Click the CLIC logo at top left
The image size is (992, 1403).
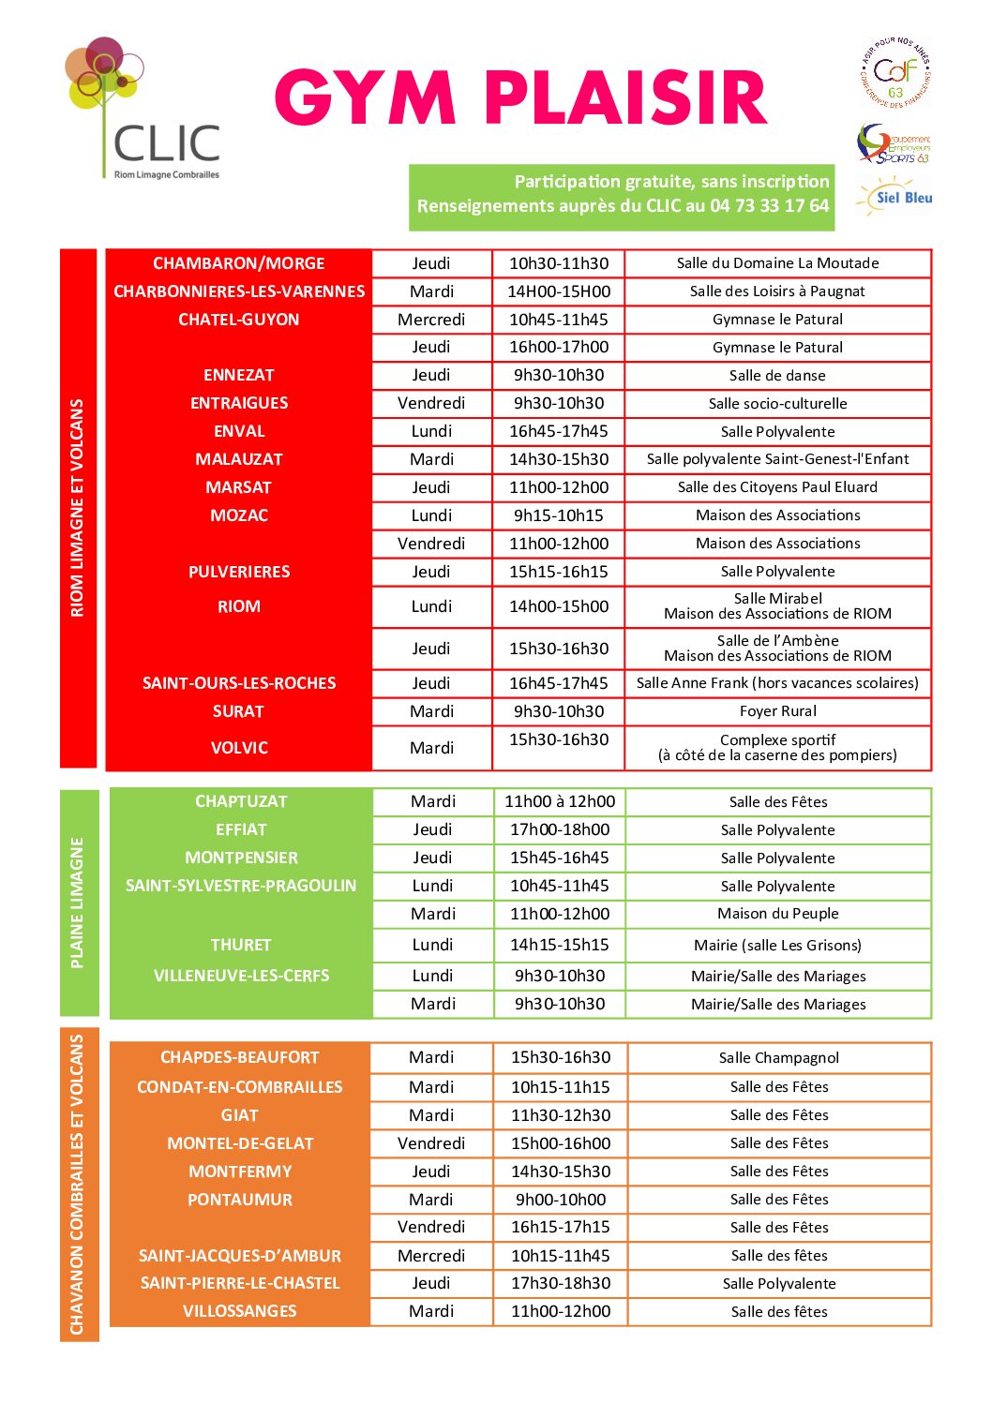pyautogui.click(x=143, y=110)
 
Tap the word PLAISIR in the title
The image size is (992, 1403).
pyautogui.click(x=625, y=99)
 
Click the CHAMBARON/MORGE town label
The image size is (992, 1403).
pyautogui.click(x=239, y=263)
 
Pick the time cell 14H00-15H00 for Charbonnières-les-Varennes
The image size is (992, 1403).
pyautogui.click(x=559, y=291)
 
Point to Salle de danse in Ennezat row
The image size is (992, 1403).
pyautogui.click(x=777, y=376)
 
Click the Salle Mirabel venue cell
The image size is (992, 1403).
pyautogui.click(x=777, y=606)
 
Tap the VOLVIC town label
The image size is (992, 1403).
pyautogui.click(x=239, y=748)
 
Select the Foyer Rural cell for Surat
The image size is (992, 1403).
pyautogui.click(x=777, y=711)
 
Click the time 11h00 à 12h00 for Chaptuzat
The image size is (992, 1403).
pyautogui.click(x=560, y=801)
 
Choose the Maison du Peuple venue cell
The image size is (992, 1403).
pyautogui.click(x=778, y=914)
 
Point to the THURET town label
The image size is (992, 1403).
pyautogui.click(x=241, y=945)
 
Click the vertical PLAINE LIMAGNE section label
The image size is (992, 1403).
pyautogui.click(x=78, y=903)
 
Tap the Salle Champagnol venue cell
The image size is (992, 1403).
pyautogui.click(x=779, y=1058)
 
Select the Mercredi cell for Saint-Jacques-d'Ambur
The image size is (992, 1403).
pyautogui.click(x=431, y=1256)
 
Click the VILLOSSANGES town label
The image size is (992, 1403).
pyautogui.click(x=240, y=1311)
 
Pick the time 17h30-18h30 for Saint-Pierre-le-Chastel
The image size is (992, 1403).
pyautogui.click(x=561, y=1283)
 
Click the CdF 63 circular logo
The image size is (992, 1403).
pyautogui.click(x=895, y=73)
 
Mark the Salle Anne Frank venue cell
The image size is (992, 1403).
pyautogui.click(x=777, y=683)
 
